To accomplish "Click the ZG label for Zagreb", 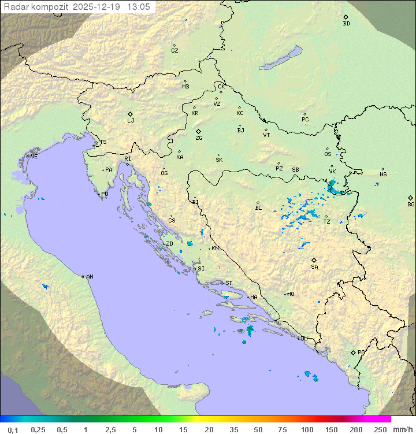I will tap(199, 139).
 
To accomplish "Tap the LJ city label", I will tap(131, 121).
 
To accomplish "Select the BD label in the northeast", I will tap(346, 24).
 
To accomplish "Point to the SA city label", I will tap(314, 267).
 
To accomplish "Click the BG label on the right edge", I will tap(411, 205).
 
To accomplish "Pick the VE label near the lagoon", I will tap(34, 157).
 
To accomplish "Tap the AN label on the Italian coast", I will tap(90, 277).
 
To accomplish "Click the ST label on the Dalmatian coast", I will tap(229, 283).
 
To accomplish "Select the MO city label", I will tap(291, 294).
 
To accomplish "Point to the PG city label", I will tap(361, 352).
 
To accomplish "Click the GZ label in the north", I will tap(174, 51).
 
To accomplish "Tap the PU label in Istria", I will tap(105, 194).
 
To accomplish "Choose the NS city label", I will tap(383, 175).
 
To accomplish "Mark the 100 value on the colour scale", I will tap(307, 429).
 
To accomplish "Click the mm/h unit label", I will tap(402, 429).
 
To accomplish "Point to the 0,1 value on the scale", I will tap(13, 429).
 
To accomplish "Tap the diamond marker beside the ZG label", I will tap(199, 132).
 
